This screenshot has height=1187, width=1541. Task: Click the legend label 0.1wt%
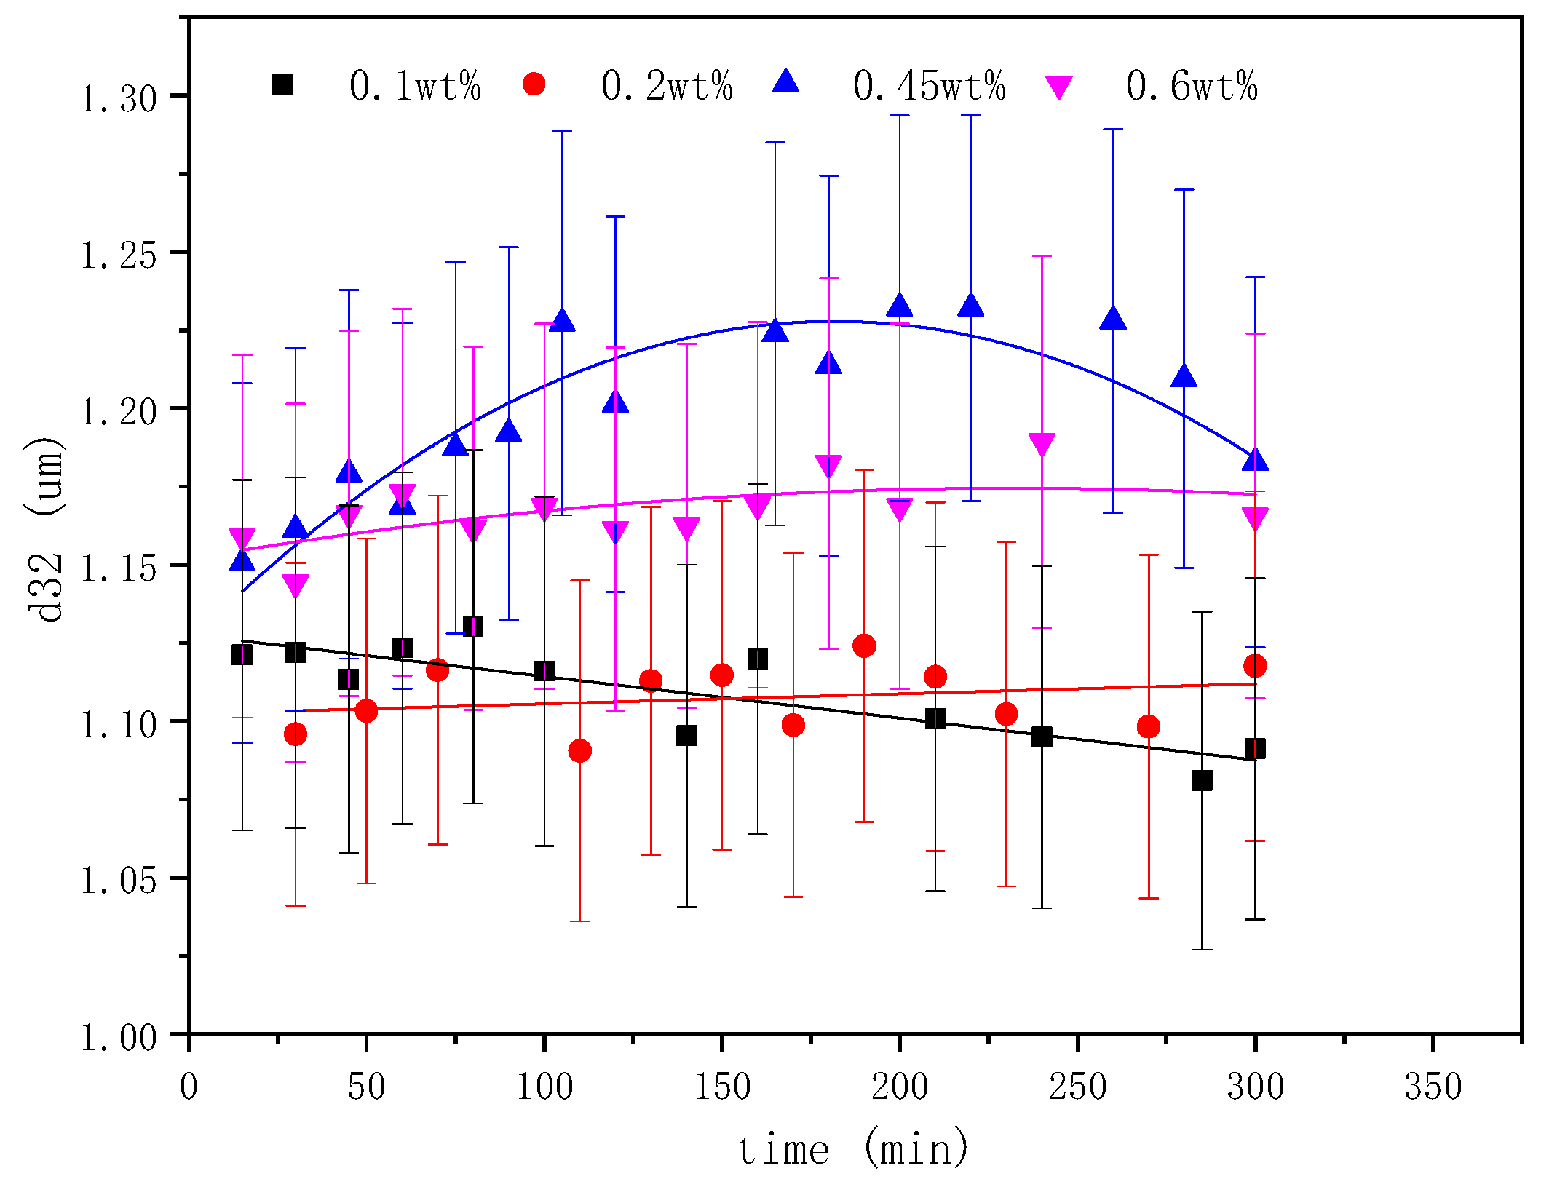pos(415,86)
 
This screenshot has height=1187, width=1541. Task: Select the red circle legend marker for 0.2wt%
pos(534,84)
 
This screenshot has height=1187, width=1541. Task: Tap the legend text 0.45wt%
pos(929,86)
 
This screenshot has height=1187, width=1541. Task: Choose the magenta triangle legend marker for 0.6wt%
pos(1058,87)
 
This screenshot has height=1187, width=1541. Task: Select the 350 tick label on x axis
pos(1433,1087)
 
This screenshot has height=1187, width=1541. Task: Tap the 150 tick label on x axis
pos(722,1087)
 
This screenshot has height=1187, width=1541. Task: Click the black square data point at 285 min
pos(1202,781)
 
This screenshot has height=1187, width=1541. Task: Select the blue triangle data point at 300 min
pos(1255,461)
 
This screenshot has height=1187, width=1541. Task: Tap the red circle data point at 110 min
pos(579,750)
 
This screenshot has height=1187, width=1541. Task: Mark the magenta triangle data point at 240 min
pos(1042,444)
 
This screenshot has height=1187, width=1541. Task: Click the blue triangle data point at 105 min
pos(562,320)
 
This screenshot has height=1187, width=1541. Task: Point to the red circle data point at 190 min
pos(864,646)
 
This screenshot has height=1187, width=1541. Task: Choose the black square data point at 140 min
pos(686,735)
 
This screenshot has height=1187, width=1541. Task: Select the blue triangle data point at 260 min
pos(1113,319)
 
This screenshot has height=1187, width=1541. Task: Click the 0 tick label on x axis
pos(189,1087)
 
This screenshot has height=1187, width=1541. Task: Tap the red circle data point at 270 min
pos(1149,726)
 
